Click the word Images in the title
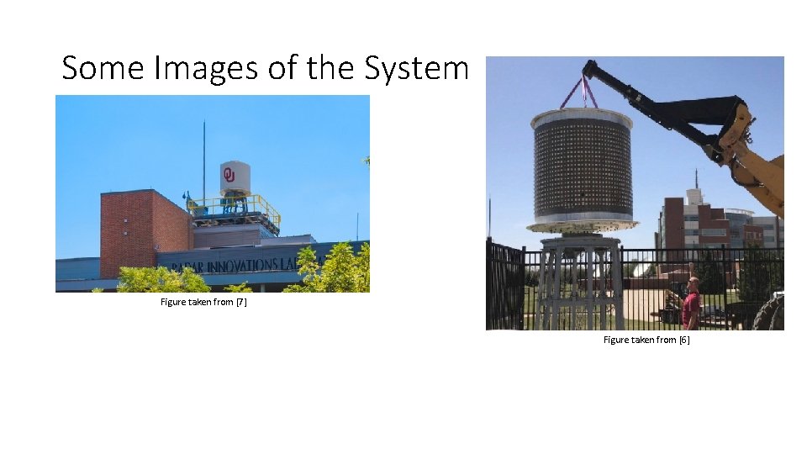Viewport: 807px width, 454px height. [x=207, y=67]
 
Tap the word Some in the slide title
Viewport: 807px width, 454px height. [x=103, y=67]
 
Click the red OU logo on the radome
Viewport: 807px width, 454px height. [x=228, y=175]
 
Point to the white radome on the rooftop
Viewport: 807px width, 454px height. [x=235, y=177]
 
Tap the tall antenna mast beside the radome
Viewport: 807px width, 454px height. [x=203, y=160]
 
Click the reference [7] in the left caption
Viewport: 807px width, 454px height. [x=240, y=302]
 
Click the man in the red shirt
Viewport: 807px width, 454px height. [x=691, y=303]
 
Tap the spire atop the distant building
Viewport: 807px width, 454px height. [x=696, y=178]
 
